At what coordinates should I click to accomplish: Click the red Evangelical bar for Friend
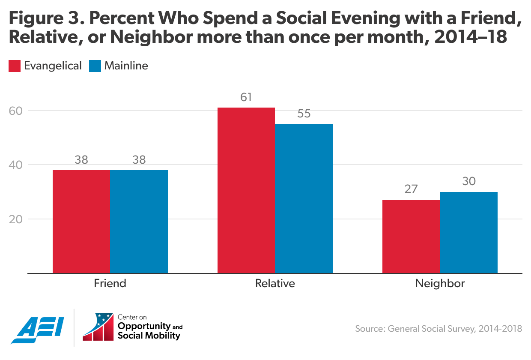81,222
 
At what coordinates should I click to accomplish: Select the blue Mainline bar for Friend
139,222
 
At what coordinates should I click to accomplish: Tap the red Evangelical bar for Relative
246,190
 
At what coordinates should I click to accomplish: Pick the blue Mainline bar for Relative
304,198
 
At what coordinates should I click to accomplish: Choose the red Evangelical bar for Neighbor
411,237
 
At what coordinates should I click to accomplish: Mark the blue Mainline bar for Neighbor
468,232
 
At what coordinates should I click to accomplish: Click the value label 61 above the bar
246,97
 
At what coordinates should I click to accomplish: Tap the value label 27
411,189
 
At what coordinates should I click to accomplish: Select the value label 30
468,182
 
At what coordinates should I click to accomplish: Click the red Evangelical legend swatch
15,66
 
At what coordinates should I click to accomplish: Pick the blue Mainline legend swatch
95,66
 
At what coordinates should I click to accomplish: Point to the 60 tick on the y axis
16,111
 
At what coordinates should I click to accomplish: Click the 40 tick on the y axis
16,165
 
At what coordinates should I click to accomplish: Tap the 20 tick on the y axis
16,219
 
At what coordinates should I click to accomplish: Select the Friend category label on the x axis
110,284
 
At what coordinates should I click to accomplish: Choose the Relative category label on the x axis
275,284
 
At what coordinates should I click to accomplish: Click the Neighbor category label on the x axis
440,284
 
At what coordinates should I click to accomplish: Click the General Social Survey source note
439,329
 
